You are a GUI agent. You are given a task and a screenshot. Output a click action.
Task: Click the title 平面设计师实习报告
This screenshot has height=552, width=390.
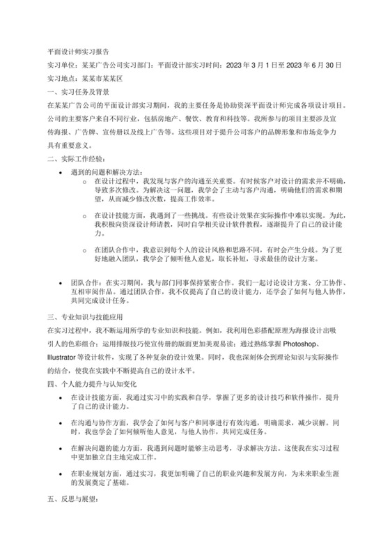77,51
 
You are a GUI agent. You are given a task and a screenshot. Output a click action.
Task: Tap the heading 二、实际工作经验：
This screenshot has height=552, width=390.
75,158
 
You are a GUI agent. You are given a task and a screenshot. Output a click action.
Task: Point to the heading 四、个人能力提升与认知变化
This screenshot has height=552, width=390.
93,383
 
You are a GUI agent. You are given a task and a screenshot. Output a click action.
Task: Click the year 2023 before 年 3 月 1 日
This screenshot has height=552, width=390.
239,65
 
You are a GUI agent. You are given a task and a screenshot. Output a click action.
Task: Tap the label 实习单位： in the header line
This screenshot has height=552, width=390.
61,65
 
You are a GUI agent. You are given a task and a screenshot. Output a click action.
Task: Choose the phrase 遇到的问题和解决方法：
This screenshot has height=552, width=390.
106,172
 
